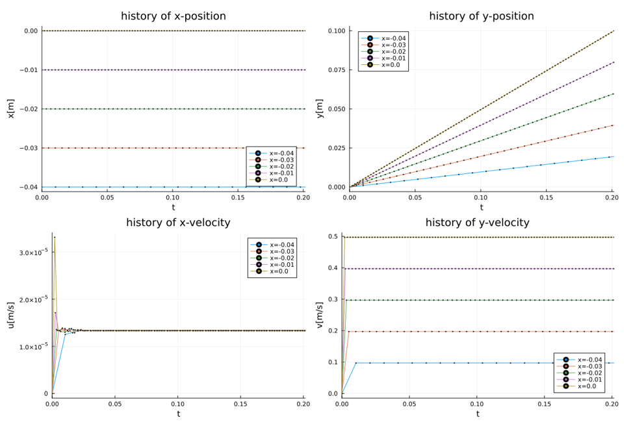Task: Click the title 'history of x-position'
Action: (x=174, y=16)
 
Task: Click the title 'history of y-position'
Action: (x=482, y=16)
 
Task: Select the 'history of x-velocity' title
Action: (x=178, y=223)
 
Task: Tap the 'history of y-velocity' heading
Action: (x=478, y=223)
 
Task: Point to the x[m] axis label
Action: (x=10, y=108)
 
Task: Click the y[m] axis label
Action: (x=319, y=108)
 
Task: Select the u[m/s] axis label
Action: (x=10, y=315)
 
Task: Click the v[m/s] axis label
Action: (x=319, y=315)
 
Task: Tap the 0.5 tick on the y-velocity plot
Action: (x=333, y=236)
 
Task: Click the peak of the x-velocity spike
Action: (x=55, y=237)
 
